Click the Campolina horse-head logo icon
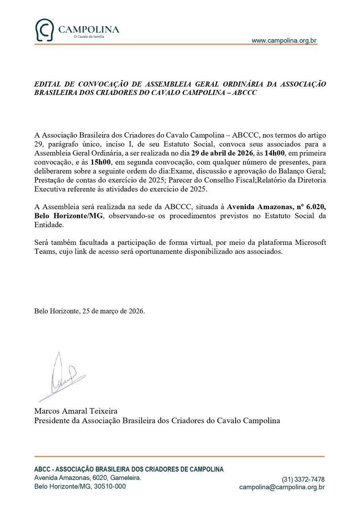tap(44, 30)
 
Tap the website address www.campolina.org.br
tap(284, 41)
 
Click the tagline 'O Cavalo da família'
tap(89, 37)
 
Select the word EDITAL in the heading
tap(47, 84)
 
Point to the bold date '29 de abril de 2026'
tap(222, 153)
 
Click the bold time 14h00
tap(275, 153)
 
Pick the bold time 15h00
tap(100, 162)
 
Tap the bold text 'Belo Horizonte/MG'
tap(68, 216)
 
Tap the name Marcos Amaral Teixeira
tap(76, 411)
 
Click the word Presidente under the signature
tap(52, 420)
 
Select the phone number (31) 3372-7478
tap(303, 480)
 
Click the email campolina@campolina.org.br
tap(282, 487)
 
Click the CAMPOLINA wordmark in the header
tap(89, 29)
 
